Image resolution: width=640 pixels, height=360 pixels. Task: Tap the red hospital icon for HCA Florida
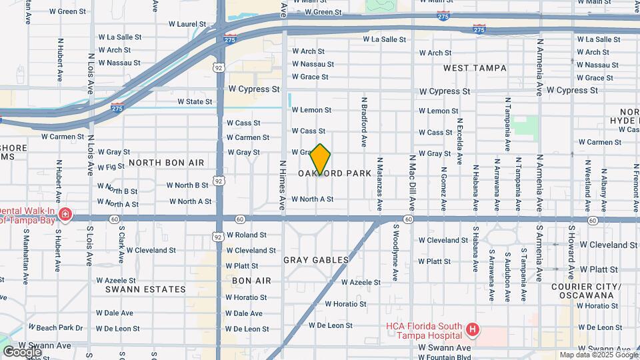(x=473, y=329)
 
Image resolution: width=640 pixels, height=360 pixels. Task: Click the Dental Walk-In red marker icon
(x=65, y=214)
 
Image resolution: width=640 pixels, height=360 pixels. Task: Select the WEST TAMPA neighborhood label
(x=475, y=68)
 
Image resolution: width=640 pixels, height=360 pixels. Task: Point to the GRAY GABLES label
(x=316, y=260)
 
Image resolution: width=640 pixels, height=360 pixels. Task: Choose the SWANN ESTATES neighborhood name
(x=145, y=289)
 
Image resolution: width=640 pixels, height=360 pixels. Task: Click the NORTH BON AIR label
(x=166, y=163)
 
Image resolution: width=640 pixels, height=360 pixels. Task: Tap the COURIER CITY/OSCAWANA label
(x=587, y=291)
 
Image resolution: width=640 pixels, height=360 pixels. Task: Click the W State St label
(x=195, y=101)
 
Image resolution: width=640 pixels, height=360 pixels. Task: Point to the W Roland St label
(x=246, y=235)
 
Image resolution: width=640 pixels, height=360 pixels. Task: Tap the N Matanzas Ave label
(x=379, y=183)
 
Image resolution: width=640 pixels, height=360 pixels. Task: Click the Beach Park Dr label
(x=59, y=328)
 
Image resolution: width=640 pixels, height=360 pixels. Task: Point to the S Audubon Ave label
(x=507, y=267)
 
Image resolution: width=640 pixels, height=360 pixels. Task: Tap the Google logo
(x=21, y=351)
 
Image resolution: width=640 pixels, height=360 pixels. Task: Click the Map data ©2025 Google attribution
(x=598, y=355)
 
